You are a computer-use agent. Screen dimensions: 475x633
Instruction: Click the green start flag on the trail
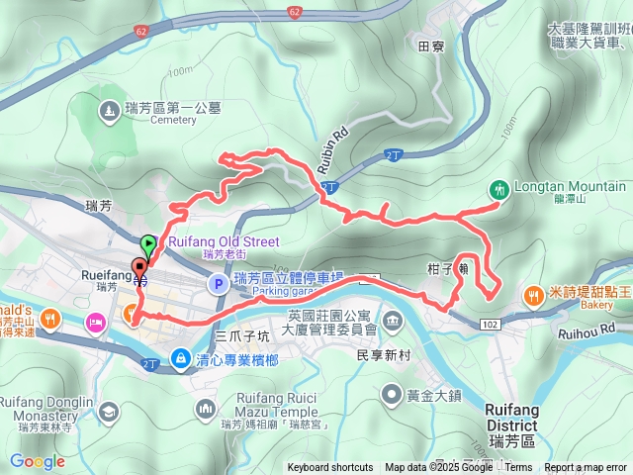pos(148,241)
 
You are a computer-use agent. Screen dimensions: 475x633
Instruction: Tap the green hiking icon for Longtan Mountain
pos(498,188)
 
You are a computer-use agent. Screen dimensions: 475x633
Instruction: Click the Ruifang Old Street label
pos(224,241)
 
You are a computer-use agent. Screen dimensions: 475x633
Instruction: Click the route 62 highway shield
pos(296,12)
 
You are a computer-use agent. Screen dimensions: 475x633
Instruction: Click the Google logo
pos(37,461)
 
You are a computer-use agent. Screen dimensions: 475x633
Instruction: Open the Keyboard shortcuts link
pos(330,468)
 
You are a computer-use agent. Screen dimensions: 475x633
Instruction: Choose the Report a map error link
pos(587,468)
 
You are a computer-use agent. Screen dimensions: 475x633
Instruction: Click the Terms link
pos(518,468)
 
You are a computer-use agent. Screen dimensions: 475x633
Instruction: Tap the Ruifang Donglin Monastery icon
pos(108,410)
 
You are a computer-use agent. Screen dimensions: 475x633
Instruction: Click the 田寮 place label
pos(431,46)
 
